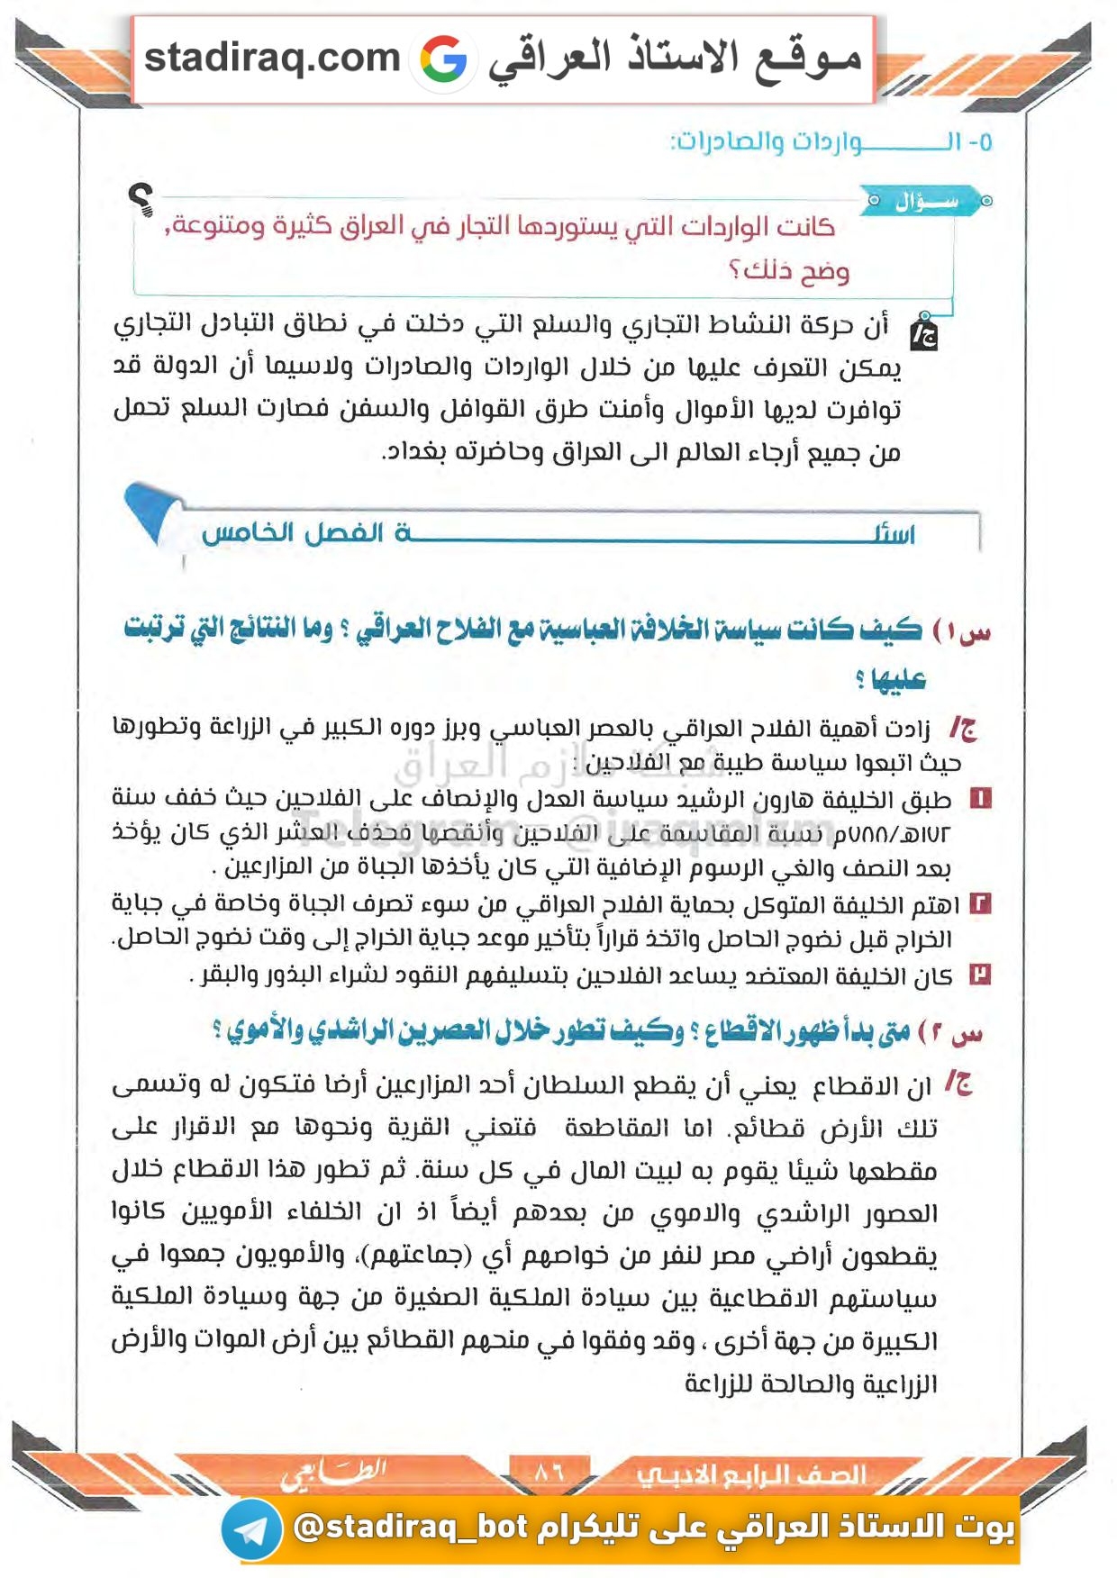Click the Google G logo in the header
[443, 59]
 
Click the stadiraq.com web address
[272, 58]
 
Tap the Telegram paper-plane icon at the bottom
[251, 1529]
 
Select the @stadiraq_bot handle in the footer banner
[411, 1527]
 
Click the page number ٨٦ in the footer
[549, 1473]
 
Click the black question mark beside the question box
[141, 199]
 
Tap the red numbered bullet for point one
[980, 798]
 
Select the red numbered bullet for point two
[980, 903]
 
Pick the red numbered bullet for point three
[980, 974]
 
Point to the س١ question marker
[962, 630]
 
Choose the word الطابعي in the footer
[334, 1474]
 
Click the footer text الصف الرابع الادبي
[751, 1474]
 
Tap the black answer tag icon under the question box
[923, 332]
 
